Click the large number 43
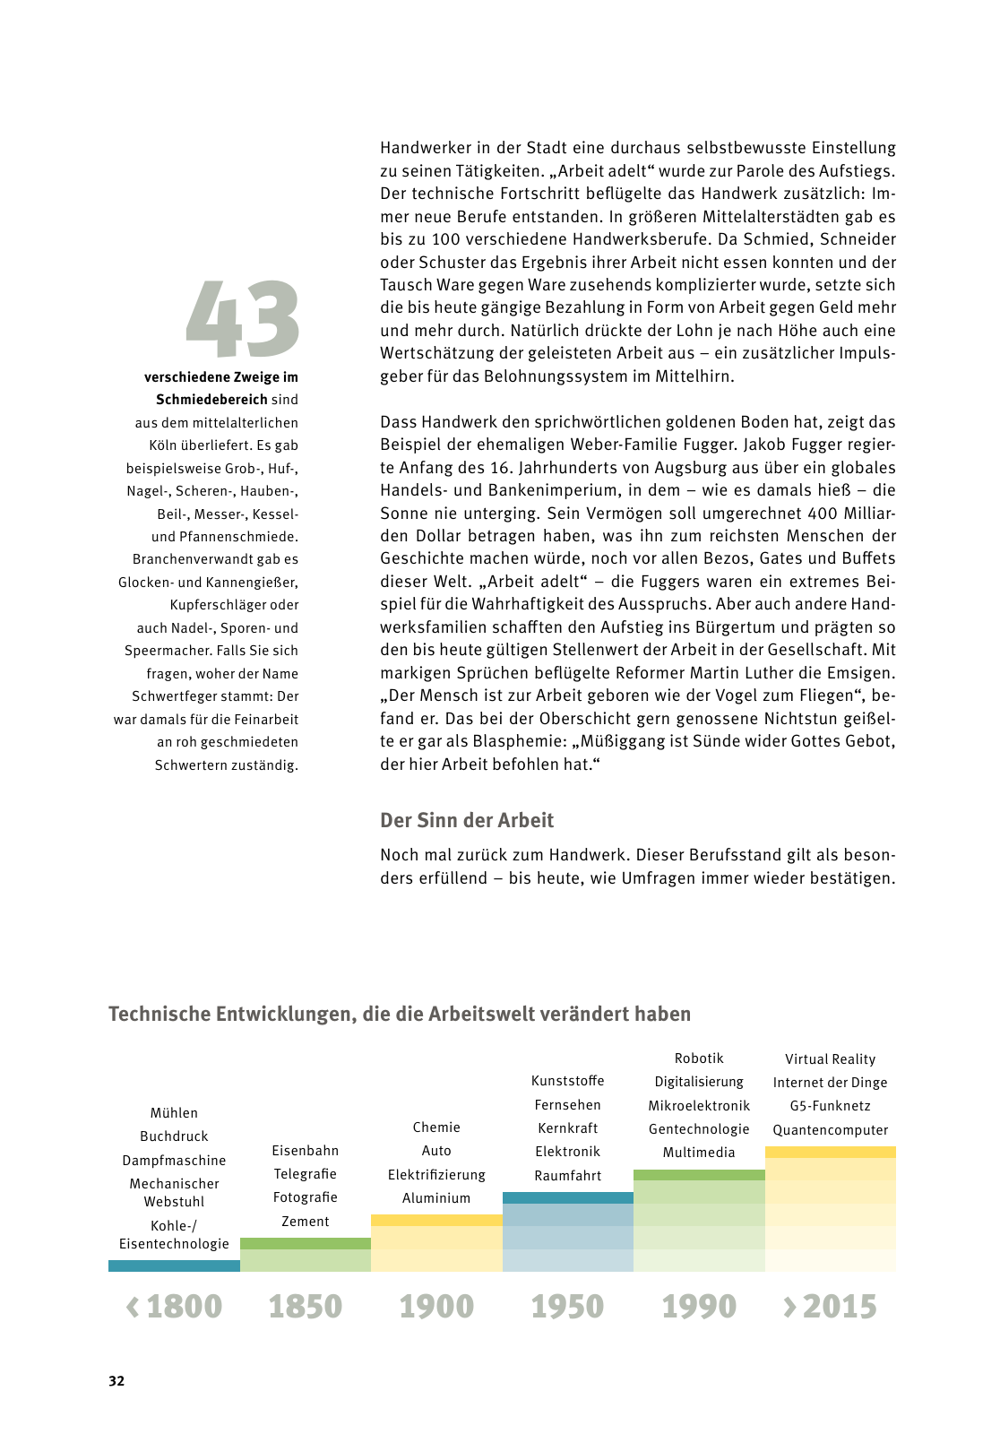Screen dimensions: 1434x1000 pos(242,319)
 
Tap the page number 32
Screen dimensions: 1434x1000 pos(116,1380)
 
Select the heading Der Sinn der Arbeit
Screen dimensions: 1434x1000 pos(467,820)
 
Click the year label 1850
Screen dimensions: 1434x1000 pos(305,1306)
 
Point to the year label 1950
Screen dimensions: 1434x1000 pos(567,1306)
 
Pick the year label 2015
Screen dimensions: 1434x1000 pos(839,1306)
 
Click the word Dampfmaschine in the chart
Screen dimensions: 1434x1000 pos(174,1160)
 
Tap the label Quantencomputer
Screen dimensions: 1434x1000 pos(831,1129)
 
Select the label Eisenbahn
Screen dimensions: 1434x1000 pos(305,1150)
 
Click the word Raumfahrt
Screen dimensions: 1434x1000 pos(567,1175)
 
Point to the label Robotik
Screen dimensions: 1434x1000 pos(699,1058)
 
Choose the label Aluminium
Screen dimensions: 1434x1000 pos(436,1197)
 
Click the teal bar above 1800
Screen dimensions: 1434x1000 pos(174,1266)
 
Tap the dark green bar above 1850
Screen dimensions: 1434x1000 pos(305,1243)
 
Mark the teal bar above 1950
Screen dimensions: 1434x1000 pos(567,1197)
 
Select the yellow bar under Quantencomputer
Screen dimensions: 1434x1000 pos(831,1152)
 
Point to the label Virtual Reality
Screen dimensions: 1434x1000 pos(831,1058)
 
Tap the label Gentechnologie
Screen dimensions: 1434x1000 pos(699,1129)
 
